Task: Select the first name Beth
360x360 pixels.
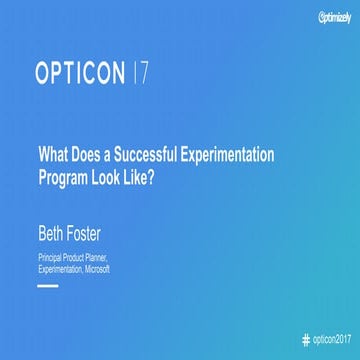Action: (53, 211)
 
